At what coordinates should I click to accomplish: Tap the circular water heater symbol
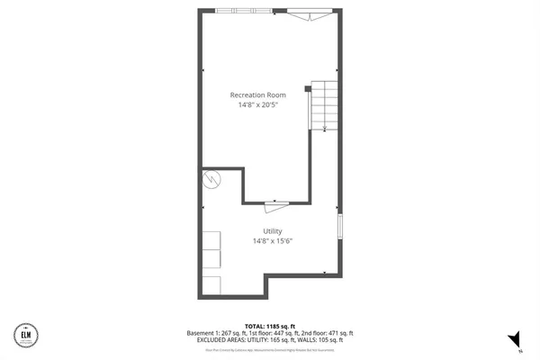coord(212,178)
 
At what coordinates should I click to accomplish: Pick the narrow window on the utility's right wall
coord(340,226)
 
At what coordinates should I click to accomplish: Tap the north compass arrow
coord(514,338)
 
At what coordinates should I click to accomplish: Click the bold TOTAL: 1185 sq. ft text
coord(270,325)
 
